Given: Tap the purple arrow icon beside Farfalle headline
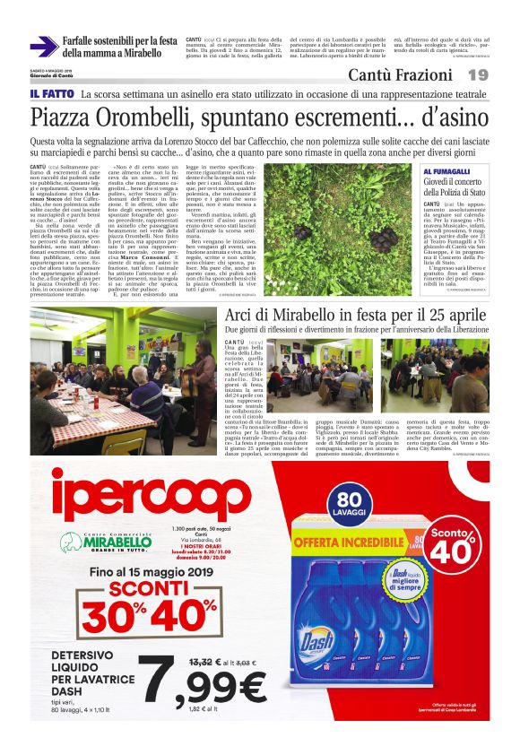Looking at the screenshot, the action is click(43, 47).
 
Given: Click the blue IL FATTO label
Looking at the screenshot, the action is click(51, 94).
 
